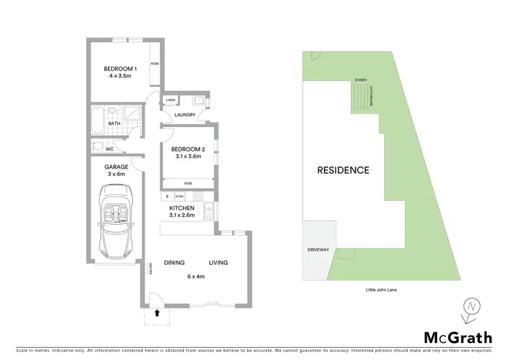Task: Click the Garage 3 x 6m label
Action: (117, 170)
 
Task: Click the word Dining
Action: (175, 263)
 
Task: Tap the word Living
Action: (218, 263)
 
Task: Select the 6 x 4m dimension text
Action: (196, 276)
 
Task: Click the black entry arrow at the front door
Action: (158, 314)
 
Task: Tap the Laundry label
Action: (185, 115)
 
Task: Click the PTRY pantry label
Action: (180, 196)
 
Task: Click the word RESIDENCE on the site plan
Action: (344, 170)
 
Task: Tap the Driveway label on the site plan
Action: (318, 250)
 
